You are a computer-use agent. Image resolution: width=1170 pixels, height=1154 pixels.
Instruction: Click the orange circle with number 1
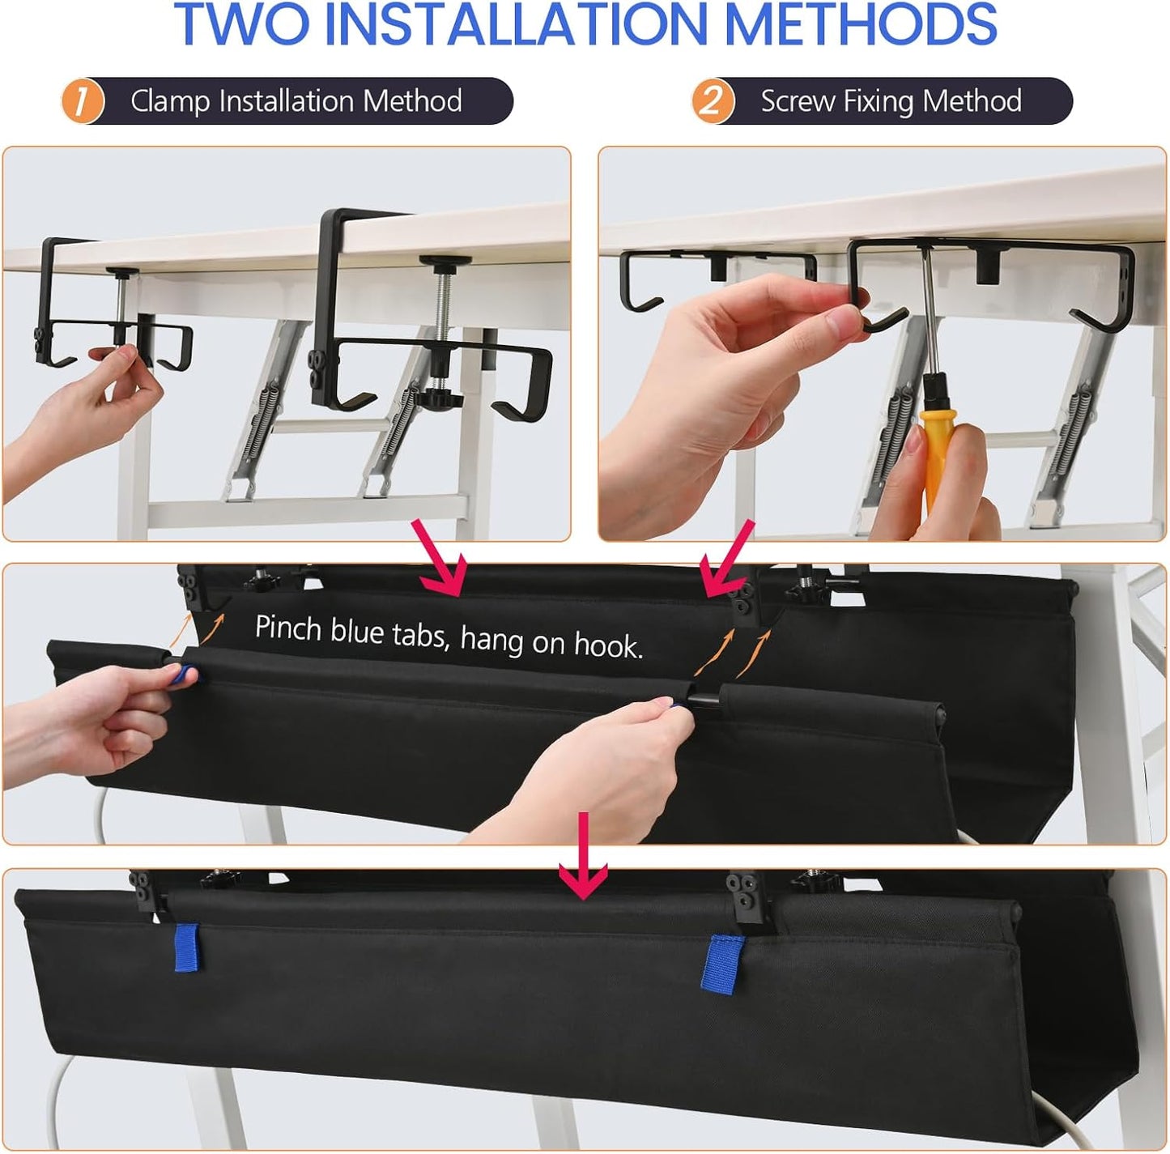coord(83,101)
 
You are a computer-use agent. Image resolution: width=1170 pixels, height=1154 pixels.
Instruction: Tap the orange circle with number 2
coord(712,101)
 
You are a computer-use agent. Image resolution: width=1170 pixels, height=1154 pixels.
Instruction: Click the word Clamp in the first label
coord(171,101)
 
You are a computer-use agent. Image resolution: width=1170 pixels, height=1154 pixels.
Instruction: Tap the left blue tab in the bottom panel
coord(186,946)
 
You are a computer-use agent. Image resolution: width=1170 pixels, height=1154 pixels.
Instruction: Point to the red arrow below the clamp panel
coord(441,559)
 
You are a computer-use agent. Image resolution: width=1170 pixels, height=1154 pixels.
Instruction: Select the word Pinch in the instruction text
coord(288,628)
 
